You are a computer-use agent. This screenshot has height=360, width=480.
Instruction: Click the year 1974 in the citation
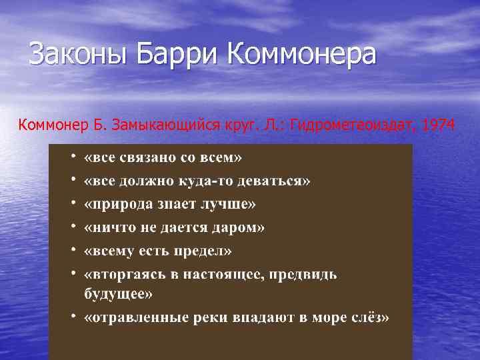tap(436, 124)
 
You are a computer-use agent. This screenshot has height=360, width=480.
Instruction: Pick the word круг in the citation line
tap(232, 124)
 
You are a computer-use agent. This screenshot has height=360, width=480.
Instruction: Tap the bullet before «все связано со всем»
tap(74, 158)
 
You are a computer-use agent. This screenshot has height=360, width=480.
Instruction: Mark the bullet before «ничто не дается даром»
tap(74, 227)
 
